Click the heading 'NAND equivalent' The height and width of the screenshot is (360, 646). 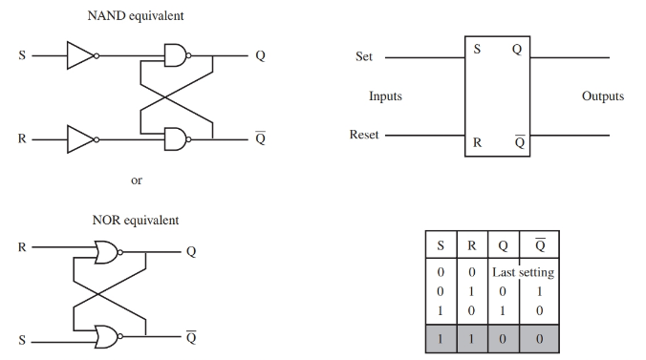coord(136,16)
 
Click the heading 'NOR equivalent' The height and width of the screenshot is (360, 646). coord(135,220)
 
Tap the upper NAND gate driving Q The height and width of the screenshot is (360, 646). coord(177,56)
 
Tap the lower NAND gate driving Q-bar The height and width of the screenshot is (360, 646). coord(177,140)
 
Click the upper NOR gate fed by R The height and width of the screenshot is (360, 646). coord(106,252)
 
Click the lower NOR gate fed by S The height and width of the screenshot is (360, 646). coord(106,336)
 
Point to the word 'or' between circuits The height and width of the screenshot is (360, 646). coord(136,180)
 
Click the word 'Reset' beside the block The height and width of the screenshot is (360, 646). coord(364,136)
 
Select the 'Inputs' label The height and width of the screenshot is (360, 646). coord(385,96)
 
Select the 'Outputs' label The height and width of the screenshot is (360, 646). coord(602,96)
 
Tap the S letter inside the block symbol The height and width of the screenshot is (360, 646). coord(477,51)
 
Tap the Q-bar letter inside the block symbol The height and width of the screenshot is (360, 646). coord(519,142)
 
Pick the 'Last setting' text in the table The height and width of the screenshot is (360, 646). coord(523,273)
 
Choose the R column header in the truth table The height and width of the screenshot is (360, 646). coord(472,244)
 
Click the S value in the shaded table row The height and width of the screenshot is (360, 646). coord(441,339)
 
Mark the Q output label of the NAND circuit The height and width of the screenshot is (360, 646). coord(260,56)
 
